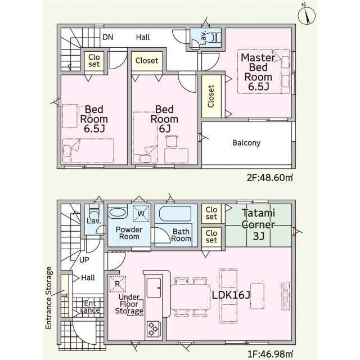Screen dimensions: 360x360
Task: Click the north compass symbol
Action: [307, 15]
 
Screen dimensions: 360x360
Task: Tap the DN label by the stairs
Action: [107, 37]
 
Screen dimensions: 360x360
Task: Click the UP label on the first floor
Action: [84, 260]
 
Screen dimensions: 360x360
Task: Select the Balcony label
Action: [246, 143]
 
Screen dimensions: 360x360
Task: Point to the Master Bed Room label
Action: [258, 72]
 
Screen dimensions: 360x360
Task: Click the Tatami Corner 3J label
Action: [258, 224]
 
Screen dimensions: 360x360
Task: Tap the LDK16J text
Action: [231, 295]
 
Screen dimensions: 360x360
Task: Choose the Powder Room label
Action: [129, 233]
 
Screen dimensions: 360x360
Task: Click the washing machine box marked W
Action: [141, 213]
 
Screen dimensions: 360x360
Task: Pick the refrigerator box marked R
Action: [118, 283]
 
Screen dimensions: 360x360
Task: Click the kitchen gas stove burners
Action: [154, 329]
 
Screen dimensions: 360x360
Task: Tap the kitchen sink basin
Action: [154, 288]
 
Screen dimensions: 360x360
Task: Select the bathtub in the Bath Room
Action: [175, 214]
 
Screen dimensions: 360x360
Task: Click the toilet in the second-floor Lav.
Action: [215, 37]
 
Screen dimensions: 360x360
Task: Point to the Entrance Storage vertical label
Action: [49, 298]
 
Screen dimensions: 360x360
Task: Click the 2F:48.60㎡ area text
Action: [270, 178]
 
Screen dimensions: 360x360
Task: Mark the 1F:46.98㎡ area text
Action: [270, 354]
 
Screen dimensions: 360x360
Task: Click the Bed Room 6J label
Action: [164, 119]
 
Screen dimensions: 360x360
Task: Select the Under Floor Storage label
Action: [129, 304]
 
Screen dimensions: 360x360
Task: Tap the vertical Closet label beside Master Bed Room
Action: [211, 96]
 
